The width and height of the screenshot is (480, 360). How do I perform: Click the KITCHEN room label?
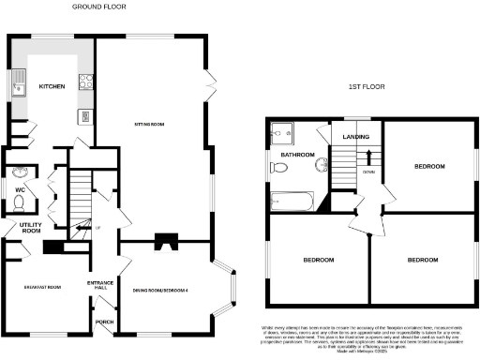click(52, 86)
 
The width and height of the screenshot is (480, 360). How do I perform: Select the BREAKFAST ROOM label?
click(40, 287)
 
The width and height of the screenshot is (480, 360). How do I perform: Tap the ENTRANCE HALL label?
click(100, 285)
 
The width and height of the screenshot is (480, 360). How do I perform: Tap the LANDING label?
click(355, 138)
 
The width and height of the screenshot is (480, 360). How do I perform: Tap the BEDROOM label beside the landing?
click(428, 166)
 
